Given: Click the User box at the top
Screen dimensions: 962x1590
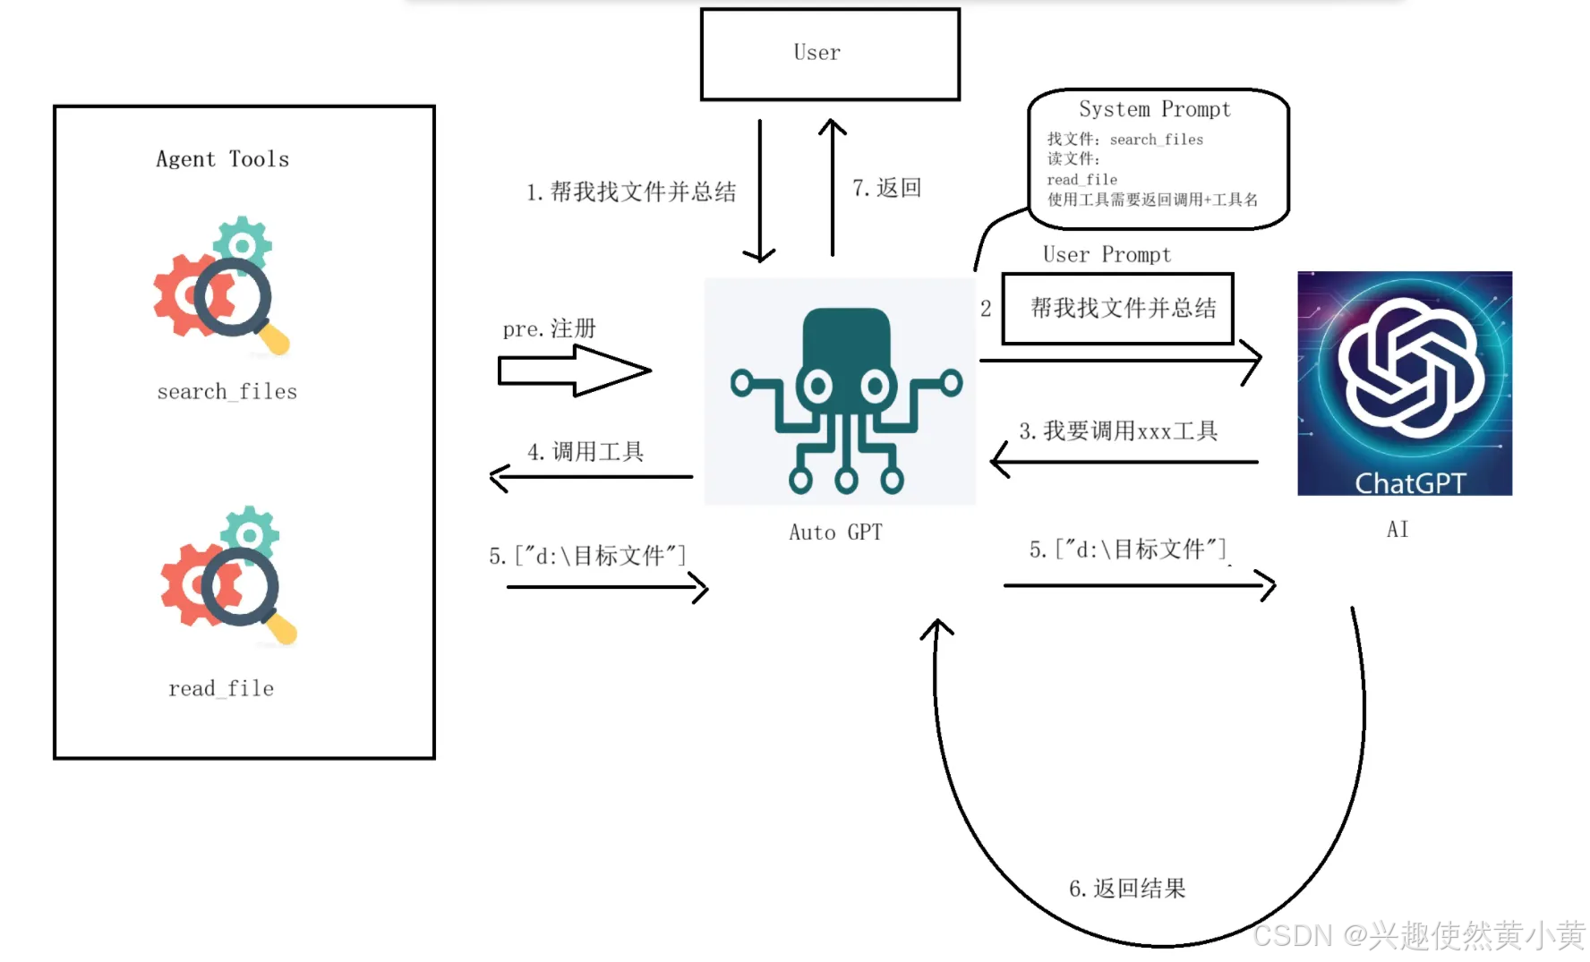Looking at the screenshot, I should [830, 54].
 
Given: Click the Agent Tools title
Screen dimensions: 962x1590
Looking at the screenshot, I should [222, 159].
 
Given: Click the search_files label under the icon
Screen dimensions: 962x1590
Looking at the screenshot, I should [227, 392].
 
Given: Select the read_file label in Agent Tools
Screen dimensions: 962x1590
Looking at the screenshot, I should [221, 688].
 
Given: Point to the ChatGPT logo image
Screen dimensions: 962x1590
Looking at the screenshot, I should [1404, 383].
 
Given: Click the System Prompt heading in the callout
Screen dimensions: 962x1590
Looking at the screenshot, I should [1154, 109].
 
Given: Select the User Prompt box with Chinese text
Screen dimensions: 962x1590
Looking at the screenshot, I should [1117, 309].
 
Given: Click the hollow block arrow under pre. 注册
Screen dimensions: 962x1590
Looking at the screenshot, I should [573, 370].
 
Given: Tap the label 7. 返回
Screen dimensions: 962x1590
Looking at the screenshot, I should [886, 188].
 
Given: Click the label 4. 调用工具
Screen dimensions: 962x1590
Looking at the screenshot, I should [586, 452].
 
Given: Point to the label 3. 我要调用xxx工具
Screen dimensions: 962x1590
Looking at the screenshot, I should [1117, 431].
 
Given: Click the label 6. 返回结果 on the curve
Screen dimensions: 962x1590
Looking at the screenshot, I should [1126, 889].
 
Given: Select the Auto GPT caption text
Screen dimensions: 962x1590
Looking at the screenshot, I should [835, 532].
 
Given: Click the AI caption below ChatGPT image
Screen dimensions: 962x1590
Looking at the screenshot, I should [1398, 530].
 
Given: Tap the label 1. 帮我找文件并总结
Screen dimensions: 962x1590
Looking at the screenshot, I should [630, 192].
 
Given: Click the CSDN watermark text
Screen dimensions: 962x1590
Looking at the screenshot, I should [1418, 936].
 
